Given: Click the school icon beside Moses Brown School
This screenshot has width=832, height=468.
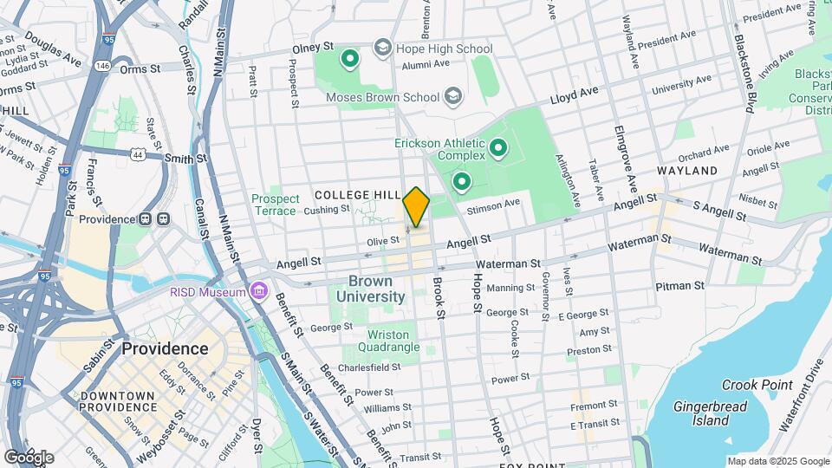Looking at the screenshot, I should point(452,96).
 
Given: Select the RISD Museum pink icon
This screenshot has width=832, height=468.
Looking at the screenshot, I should point(257,290).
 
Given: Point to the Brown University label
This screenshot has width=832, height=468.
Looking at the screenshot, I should point(376,289).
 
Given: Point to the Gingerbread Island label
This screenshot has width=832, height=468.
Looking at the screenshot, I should point(712,413).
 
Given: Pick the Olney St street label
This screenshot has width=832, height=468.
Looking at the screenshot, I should point(312,47).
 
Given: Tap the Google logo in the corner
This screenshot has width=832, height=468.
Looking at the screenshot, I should point(29,457).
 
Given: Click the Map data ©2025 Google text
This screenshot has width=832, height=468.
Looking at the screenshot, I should point(777,461).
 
